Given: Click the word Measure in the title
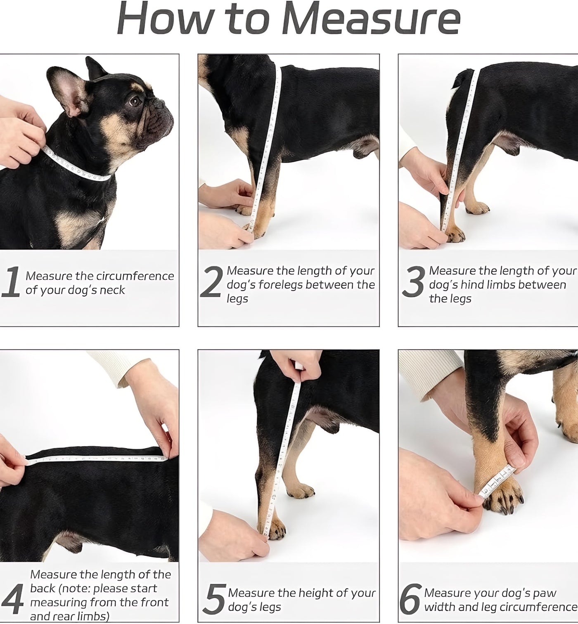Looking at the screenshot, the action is coord(371,19).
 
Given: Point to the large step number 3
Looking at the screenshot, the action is coord(414,281).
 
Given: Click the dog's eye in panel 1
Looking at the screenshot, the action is coord(135,101).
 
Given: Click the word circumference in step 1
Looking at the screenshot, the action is coord(135,276).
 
